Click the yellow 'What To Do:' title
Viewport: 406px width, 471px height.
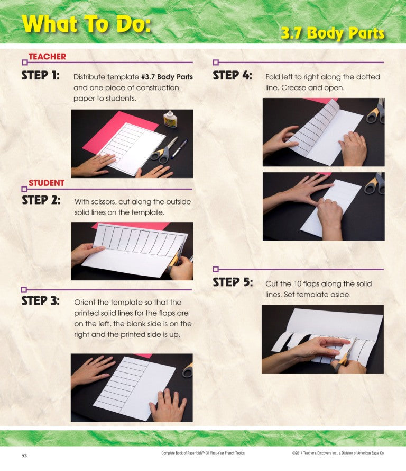86,24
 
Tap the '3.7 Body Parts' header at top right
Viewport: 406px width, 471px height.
332,33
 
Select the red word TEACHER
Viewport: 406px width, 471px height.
47,57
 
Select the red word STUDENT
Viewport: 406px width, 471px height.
47,183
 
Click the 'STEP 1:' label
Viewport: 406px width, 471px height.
40,75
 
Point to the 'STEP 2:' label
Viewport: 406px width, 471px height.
41,201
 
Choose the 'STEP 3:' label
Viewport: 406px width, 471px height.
40,301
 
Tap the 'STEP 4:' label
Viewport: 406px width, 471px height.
232,75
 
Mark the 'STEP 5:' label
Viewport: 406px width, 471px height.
233,282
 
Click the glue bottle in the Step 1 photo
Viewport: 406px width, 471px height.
170,119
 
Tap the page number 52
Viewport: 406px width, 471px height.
24,455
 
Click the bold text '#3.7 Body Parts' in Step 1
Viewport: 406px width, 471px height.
167,77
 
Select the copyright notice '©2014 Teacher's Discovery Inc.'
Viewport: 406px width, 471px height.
338,454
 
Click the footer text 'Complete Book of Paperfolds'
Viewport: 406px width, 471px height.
203,454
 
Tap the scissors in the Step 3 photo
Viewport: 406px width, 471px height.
187,370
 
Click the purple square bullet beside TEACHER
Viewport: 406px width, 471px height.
24,62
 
